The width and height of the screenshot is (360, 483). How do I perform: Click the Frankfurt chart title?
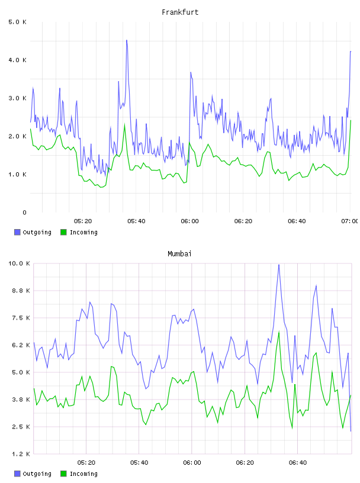pos(180,12)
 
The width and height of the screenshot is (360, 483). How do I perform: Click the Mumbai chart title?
pos(179,254)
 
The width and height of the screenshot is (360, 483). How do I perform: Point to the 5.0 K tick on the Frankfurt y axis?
pos(18,22)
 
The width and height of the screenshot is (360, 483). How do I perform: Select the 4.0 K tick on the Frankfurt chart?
pos(18,60)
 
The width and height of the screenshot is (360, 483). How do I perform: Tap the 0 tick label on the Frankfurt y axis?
pos(25,212)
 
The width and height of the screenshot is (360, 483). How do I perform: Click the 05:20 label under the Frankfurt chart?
pos(83,221)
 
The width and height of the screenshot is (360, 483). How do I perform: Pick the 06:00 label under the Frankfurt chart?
pos(190,221)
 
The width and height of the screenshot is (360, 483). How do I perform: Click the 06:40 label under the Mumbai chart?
pos(298,463)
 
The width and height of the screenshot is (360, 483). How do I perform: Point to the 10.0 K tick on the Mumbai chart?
pos(19,263)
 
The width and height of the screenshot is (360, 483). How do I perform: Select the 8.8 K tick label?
pos(21,291)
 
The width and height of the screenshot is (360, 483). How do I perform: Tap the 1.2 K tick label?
pos(21,454)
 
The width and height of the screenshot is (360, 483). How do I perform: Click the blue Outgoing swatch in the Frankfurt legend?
pos(17,232)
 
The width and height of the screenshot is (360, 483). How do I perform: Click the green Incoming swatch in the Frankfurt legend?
pos(63,232)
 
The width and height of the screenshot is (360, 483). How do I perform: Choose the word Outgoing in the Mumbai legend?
pos(37,474)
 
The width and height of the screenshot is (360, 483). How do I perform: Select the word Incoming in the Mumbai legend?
pos(83,474)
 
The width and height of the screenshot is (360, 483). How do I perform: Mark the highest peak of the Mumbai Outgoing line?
pos(279,265)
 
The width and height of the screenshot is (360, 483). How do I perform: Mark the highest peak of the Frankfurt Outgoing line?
pos(127,40)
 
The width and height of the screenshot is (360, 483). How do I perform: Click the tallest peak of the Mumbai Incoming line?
pos(279,331)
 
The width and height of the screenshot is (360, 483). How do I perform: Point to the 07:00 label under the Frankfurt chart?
pos(349,221)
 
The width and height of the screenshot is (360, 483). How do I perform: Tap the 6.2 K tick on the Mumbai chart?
pos(21,345)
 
